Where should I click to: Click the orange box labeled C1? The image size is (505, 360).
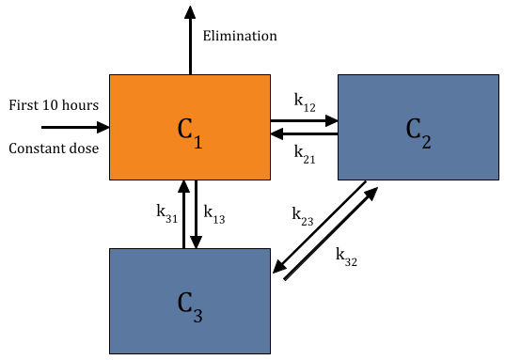(x=190, y=127)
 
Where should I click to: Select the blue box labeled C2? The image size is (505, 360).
(x=418, y=127)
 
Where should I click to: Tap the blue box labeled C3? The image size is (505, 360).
(x=190, y=301)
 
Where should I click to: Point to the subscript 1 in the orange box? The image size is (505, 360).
(x=197, y=143)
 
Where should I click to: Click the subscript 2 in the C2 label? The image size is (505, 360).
(x=426, y=143)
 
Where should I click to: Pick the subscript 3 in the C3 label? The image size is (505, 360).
(x=197, y=317)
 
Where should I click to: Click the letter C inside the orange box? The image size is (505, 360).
(x=184, y=129)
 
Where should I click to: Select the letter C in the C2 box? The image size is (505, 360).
(x=413, y=129)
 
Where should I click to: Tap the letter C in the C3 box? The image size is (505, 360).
(x=184, y=303)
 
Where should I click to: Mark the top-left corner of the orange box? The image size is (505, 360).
(x=110, y=75)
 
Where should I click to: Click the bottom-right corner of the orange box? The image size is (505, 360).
(x=269, y=179)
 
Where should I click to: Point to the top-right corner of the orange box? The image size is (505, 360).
(x=269, y=75)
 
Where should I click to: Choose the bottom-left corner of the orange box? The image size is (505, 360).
(x=110, y=179)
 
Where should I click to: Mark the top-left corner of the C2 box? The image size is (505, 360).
(x=339, y=75)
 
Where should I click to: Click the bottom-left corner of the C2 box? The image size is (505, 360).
(x=339, y=179)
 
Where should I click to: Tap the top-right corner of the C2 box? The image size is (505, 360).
(x=497, y=75)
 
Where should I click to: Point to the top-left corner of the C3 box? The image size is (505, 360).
(x=110, y=249)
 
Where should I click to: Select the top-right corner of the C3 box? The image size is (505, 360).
(x=269, y=249)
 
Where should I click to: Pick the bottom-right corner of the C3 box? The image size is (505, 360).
(x=269, y=352)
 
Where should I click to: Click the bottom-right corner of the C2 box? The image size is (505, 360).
(x=497, y=179)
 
